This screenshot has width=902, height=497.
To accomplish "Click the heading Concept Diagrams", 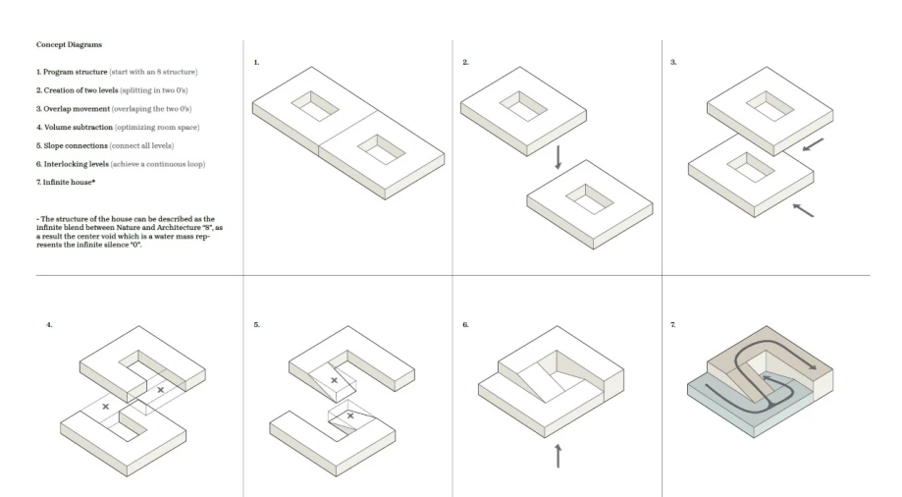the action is point(69,44).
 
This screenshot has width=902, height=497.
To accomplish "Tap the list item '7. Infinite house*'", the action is point(66,182).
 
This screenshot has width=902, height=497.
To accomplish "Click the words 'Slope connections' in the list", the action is point(76,145).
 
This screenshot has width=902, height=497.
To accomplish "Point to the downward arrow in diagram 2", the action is point(558,157).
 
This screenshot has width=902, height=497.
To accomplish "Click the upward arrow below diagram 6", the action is point(558,456).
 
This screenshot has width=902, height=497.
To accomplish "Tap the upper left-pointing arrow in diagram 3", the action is point(814,144).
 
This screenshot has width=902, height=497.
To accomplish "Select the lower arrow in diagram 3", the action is point(803,210).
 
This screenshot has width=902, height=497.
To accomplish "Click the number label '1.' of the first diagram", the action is point(256,62).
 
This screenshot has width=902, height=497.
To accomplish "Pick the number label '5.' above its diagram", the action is point(256,325).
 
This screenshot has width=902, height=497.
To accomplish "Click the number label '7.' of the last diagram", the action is point(673,325).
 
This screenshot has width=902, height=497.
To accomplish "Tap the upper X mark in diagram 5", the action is point(335,381).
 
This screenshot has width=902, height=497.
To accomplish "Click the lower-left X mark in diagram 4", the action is point(105,407).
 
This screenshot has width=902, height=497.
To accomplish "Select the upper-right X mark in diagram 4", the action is point(161,390).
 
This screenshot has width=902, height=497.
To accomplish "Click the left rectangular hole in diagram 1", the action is point(315,106).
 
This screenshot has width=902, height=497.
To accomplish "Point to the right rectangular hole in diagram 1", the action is point(382,149).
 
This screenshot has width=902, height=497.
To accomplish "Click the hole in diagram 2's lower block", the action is point(590,199).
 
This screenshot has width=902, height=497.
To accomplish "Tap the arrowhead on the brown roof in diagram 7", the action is point(812,366).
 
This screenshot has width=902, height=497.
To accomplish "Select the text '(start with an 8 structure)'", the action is point(153,72).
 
